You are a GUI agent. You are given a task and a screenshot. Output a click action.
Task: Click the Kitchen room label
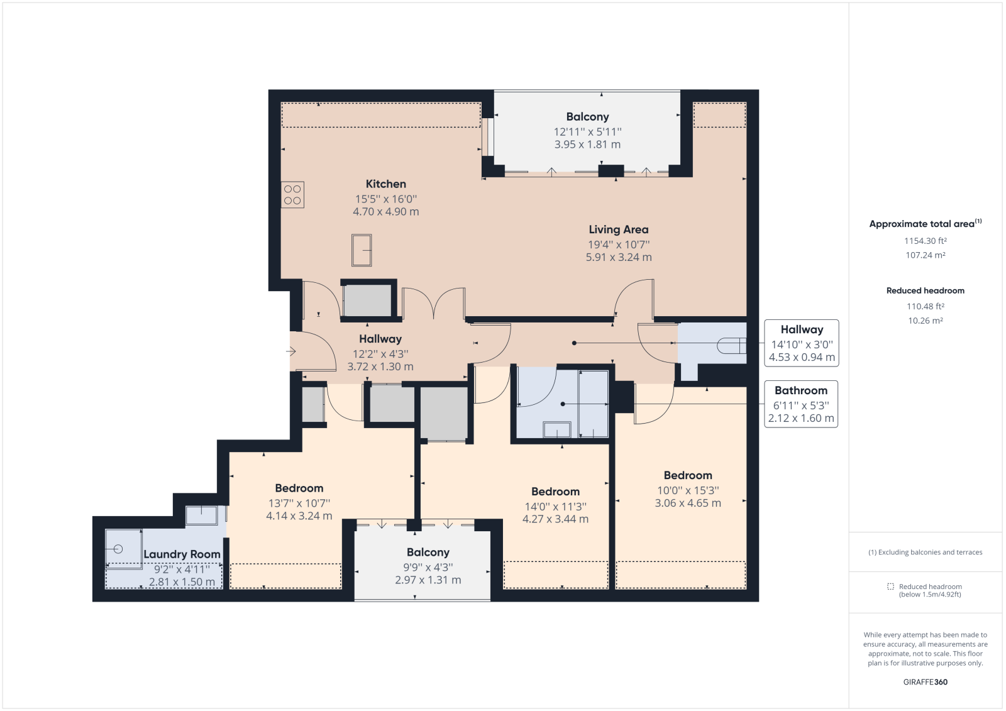[x=386, y=184]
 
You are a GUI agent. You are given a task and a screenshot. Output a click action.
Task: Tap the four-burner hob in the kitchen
[x=292, y=194]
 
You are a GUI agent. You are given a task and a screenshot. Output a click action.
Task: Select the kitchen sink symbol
[x=362, y=250]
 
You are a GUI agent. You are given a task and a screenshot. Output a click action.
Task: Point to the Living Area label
[x=619, y=229]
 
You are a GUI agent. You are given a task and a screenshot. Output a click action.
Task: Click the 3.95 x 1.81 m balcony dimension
[x=587, y=145]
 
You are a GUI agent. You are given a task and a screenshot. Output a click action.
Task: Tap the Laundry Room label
[x=182, y=554]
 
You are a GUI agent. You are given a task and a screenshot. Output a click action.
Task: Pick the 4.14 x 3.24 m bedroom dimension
[x=299, y=516]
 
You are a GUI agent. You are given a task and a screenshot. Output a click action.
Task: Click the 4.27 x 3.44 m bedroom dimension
[x=556, y=519]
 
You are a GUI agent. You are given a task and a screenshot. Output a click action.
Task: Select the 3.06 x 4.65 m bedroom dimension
[x=688, y=503]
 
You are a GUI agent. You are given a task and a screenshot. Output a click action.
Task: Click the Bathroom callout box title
[x=801, y=390]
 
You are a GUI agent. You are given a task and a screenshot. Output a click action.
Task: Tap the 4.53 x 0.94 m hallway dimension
[x=802, y=358]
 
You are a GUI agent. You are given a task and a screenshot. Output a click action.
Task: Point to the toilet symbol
[x=732, y=346]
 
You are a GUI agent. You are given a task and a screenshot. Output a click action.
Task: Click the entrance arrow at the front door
[x=291, y=351]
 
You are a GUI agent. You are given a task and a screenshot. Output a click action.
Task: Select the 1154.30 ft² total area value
[x=925, y=241]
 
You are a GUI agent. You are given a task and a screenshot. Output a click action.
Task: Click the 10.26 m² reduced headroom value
[x=925, y=321]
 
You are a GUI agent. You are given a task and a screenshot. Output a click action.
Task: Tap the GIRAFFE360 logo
[x=925, y=682]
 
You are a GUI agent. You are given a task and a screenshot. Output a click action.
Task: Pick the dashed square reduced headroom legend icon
[x=890, y=587]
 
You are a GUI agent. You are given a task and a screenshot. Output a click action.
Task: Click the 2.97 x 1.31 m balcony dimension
[x=428, y=580]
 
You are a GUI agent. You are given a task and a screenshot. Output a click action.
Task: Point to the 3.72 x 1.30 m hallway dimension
[x=380, y=367]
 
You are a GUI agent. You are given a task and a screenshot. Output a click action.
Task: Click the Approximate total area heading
[x=925, y=224]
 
